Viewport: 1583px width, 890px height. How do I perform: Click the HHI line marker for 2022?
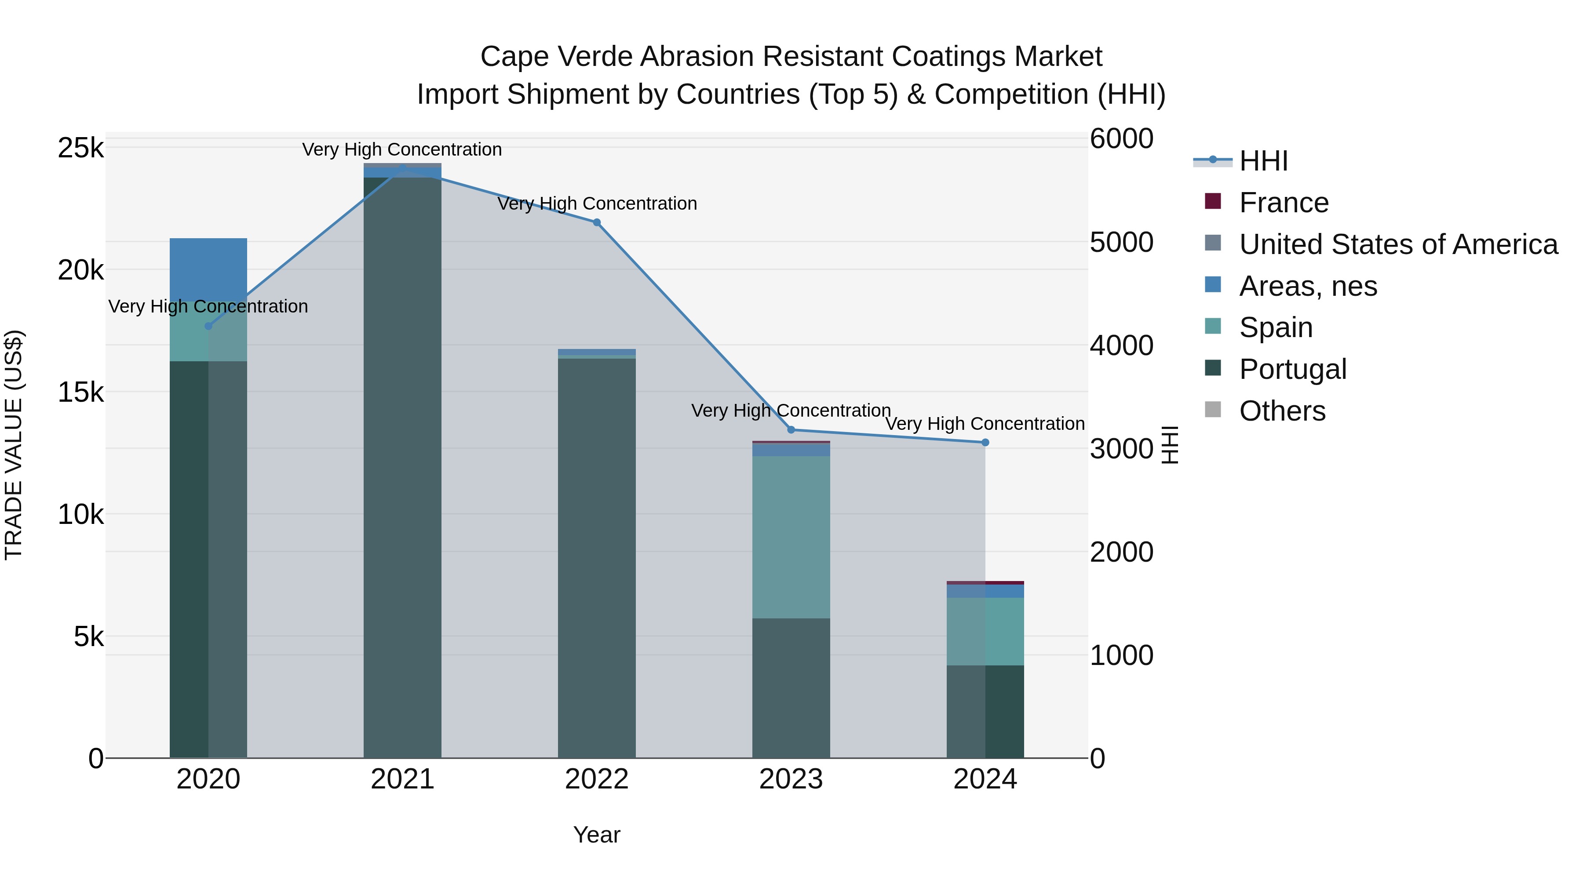pos(596,222)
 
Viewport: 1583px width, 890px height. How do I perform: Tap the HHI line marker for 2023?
pos(791,429)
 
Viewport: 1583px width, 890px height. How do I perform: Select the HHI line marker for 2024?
pos(985,442)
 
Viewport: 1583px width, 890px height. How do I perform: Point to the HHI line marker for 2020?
pos(208,326)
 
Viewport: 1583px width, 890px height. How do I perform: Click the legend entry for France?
pos(1283,203)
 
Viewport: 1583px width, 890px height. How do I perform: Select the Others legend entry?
pos(1282,411)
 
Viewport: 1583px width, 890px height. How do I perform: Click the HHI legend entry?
pos(1263,161)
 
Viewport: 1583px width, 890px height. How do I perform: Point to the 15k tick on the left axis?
pos(80,392)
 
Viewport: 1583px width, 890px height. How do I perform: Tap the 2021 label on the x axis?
pos(402,779)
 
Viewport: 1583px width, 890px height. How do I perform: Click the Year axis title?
pos(596,835)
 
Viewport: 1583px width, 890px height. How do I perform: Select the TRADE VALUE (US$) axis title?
pos(14,445)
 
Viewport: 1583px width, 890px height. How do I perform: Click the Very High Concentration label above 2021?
pos(402,149)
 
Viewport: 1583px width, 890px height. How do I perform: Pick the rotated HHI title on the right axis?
pos(1170,445)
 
